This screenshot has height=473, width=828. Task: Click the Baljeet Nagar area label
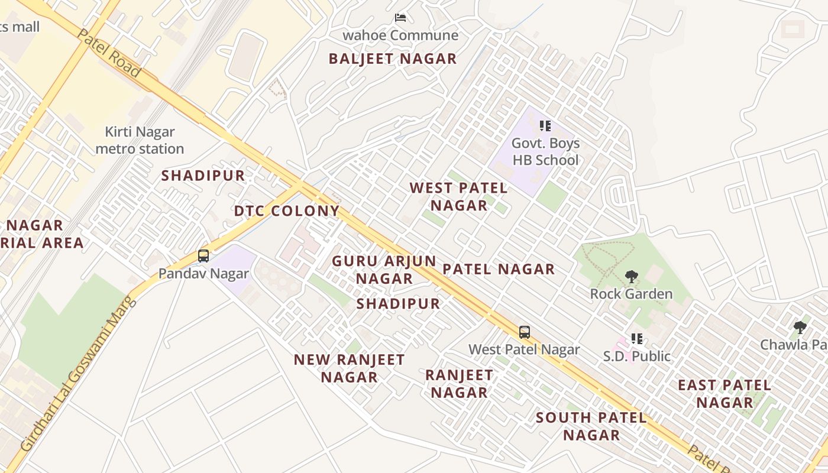click(393, 59)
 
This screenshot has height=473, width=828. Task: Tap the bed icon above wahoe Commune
click(400, 18)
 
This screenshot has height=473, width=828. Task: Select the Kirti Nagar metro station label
click(140, 140)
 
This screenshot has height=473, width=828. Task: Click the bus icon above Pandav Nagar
click(203, 256)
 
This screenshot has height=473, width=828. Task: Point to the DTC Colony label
click(287, 211)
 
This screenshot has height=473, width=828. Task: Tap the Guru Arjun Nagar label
click(384, 270)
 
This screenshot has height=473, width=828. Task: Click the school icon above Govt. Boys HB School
click(545, 126)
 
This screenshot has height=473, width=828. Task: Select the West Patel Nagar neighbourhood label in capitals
click(459, 197)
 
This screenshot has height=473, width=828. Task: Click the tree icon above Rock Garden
click(632, 276)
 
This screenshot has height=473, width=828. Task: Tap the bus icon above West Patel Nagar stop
click(524, 332)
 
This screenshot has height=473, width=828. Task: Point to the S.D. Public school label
click(637, 356)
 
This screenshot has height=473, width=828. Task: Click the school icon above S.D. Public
click(637, 339)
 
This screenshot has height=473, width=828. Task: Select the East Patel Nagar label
click(724, 394)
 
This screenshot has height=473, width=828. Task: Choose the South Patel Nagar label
click(591, 426)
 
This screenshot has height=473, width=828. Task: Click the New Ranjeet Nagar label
click(349, 368)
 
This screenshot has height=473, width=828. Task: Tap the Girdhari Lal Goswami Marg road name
click(79, 374)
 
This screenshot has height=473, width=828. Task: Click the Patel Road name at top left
click(109, 53)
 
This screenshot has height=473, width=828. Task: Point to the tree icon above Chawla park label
click(800, 327)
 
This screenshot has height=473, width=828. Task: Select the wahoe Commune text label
click(400, 35)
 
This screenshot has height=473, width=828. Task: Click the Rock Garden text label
click(631, 294)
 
